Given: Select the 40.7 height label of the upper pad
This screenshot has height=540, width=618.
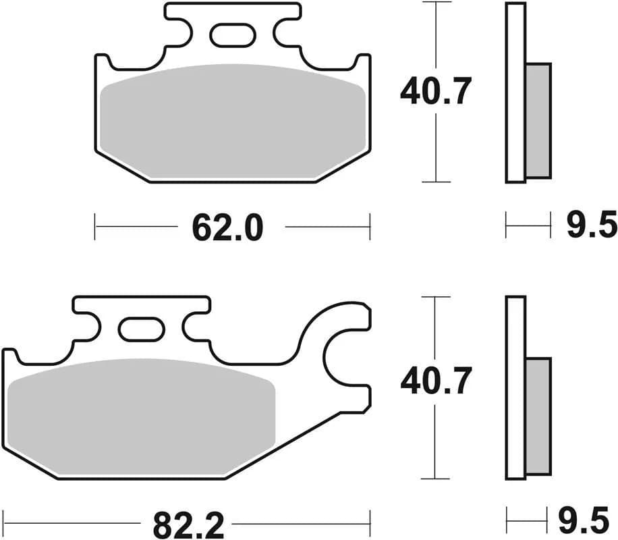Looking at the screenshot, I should [433, 92].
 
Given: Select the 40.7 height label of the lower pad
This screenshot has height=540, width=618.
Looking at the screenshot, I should [433, 383].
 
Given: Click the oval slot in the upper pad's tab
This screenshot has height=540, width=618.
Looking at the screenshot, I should [232, 35].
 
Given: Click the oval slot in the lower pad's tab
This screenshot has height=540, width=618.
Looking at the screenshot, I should [141, 329].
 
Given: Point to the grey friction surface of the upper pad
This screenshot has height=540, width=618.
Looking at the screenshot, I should [232, 122].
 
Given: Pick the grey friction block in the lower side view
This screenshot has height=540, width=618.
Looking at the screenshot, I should [538, 415].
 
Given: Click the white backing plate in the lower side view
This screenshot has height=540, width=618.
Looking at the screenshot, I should [515, 388].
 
